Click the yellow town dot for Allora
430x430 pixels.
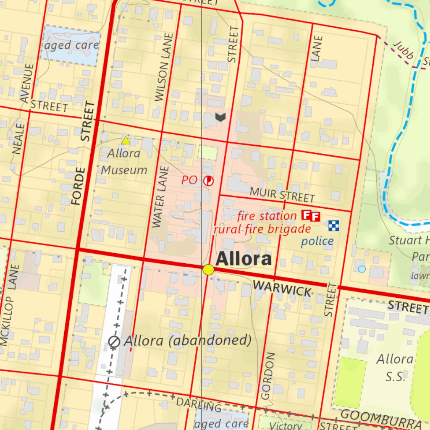(208, 270)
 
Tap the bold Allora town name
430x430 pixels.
(243, 259)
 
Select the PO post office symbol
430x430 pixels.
(208, 181)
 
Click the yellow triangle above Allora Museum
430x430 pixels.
(125, 140)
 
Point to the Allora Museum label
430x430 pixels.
(124, 162)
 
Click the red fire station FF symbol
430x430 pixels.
(311, 216)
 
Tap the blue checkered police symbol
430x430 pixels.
(334, 225)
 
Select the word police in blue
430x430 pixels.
(317, 241)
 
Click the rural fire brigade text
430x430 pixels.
(262, 229)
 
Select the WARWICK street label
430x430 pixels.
(282, 289)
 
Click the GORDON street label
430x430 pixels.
(268, 376)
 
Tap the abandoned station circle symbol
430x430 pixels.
(114, 342)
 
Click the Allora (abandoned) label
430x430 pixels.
(187, 341)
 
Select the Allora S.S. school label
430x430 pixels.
(395, 368)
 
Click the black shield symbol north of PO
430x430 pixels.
(220, 117)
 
